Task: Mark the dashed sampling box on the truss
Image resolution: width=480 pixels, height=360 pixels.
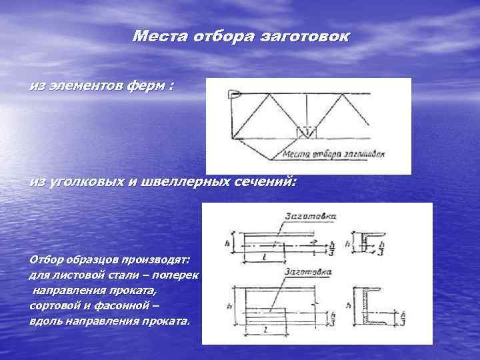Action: point(307,131)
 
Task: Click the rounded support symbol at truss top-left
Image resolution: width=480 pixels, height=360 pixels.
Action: point(234,95)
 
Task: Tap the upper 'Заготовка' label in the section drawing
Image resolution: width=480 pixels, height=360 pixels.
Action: point(311,215)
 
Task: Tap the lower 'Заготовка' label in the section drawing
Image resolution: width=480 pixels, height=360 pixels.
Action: point(309,272)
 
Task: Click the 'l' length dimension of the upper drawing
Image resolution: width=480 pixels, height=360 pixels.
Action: point(266,255)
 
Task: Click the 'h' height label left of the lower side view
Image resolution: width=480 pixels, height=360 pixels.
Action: point(230,306)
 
